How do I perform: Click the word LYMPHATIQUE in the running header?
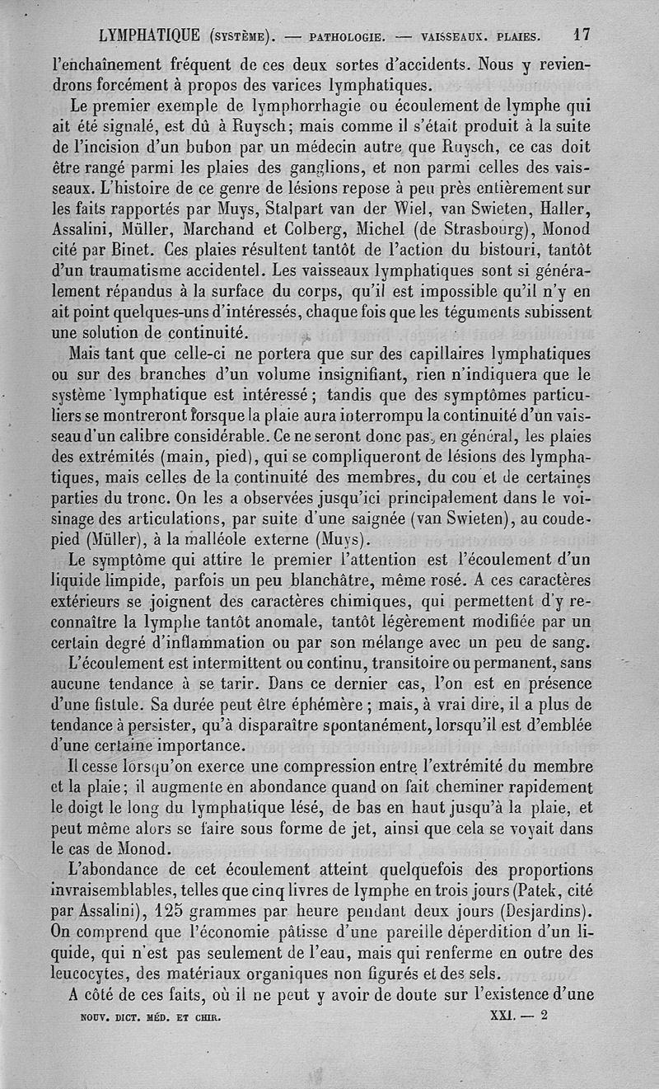coord(148,36)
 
